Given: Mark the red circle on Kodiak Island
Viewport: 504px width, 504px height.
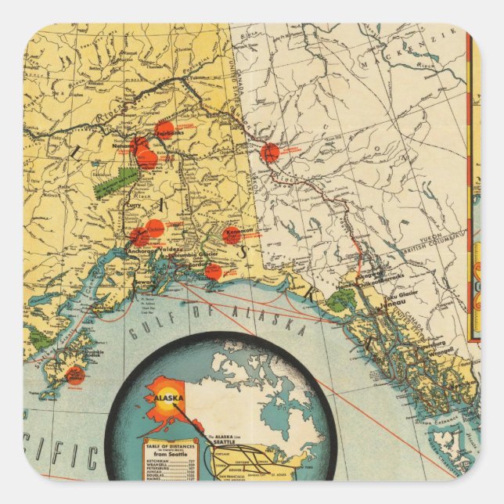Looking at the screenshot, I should (x=74, y=374).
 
